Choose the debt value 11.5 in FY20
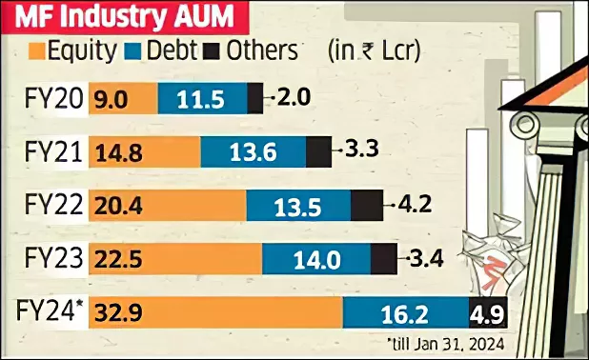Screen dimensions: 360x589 [x=203, y=98]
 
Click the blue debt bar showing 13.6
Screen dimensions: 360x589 [x=253, y=151]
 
